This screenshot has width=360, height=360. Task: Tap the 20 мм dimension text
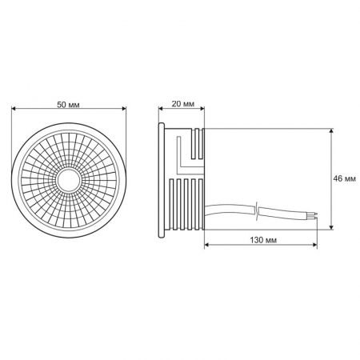tap(182, 104)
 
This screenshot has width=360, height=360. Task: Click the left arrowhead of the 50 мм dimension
tap(16, 113)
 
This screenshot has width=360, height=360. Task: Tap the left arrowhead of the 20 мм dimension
tap(162, 113)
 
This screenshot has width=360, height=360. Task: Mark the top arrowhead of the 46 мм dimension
tap(330, 128)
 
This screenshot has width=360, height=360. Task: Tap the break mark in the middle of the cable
tap(257, 211)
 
